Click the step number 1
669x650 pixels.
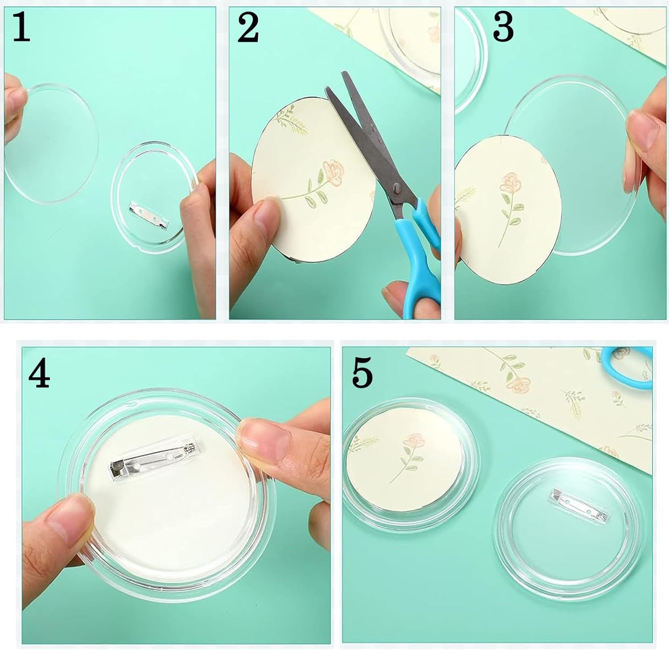tap(21, 28)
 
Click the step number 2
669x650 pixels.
tap(248, 28)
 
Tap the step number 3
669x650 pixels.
tap(504, 28)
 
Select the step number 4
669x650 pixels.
tap(39, 372)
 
